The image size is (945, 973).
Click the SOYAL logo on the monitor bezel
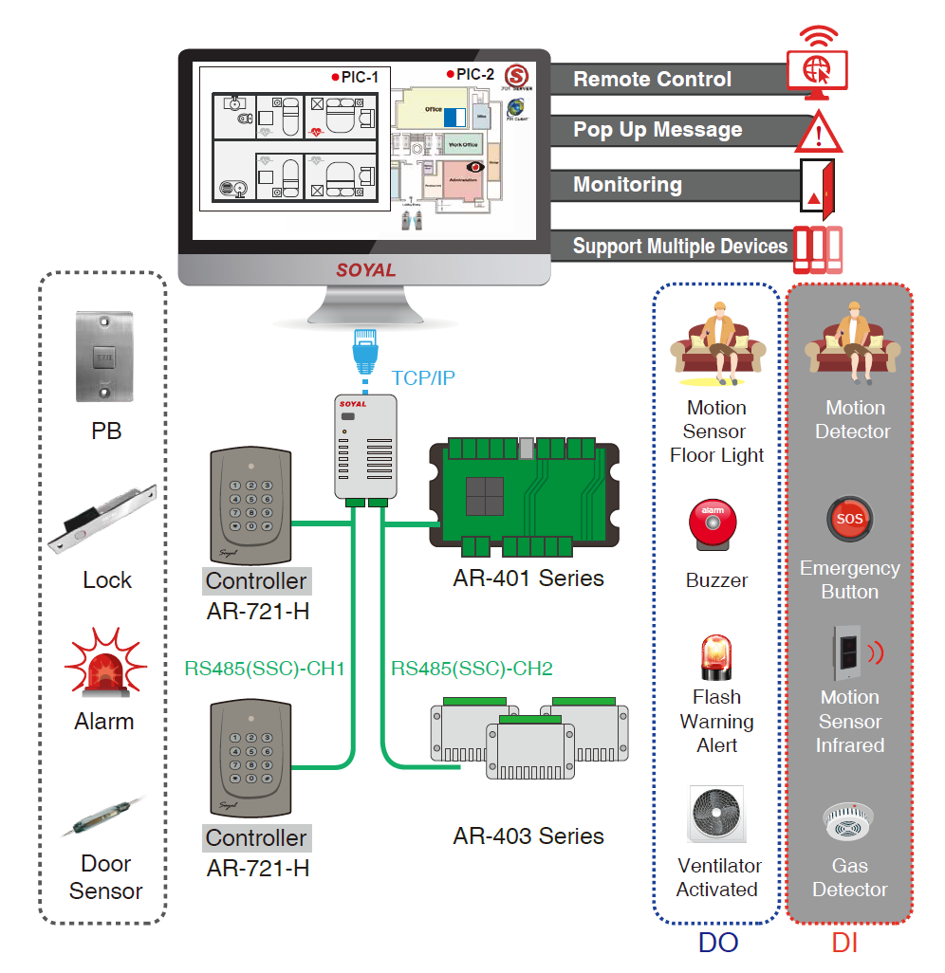pos(365,270)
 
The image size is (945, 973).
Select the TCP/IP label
pos(423,378)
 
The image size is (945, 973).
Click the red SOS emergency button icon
pos(848,521)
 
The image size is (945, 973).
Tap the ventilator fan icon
pos(717,815)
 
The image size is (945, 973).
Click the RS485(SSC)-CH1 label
pos(264,669)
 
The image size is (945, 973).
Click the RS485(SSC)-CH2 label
pos(472,669)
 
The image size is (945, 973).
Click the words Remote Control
pos(652,80)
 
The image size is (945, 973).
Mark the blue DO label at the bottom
pos(717,943)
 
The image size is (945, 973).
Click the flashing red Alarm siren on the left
pos(104,664)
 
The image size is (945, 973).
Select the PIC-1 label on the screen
pos(355,76)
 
